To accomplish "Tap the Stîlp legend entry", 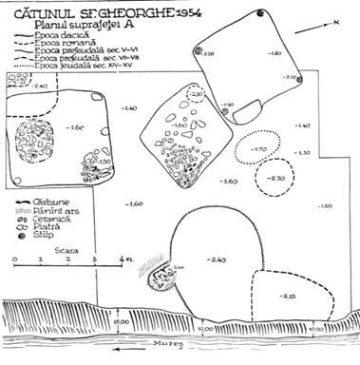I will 44,232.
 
